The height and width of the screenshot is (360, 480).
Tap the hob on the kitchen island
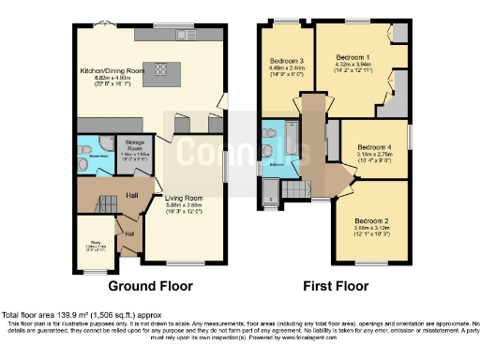click(x=160, y=67)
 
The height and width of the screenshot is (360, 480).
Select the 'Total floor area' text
click(x=75, y=313)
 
